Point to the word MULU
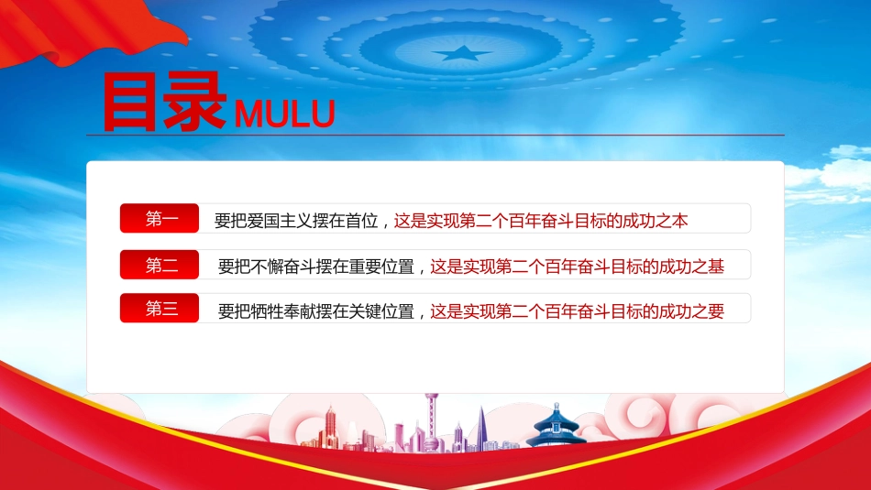(x=284, y=114)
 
